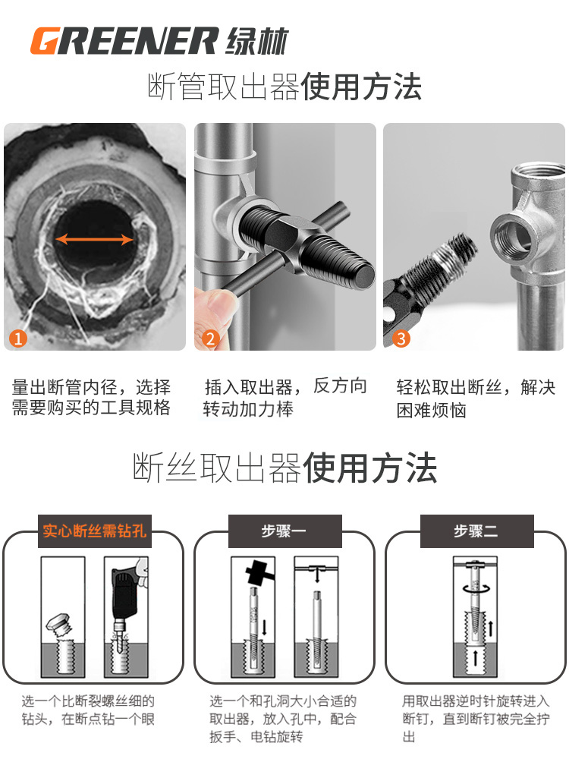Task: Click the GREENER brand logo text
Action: pos(125,40)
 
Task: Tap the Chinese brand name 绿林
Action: pos(257,40)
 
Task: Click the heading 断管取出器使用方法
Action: pos(284,87)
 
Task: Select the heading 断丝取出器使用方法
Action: pos(284,468)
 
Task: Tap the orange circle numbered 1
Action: pos(17,338)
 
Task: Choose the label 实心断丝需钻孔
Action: pos(93,531)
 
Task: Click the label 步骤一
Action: pos(284,531)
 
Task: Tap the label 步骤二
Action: pos(476,531)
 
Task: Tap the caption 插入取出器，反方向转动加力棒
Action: pos(284,398)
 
